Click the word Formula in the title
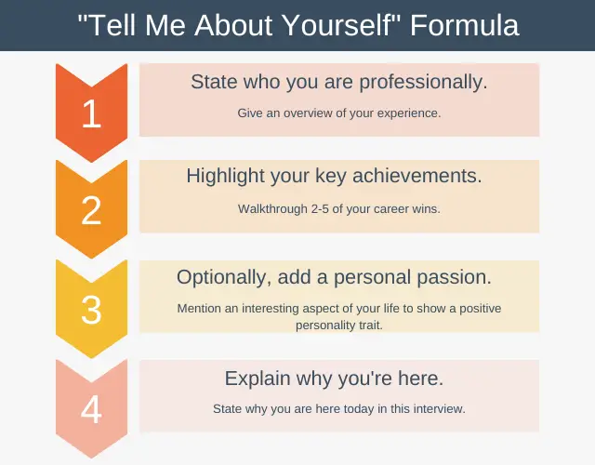pos(464,25)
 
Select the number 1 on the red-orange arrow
pos(91,113)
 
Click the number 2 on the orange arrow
pos(91,210)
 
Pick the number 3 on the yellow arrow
pos(91,310)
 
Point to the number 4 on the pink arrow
pos(91,409)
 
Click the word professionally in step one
pos(423,83)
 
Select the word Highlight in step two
pos(225,176)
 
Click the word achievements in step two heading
pos(417,176)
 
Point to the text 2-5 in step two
pos(320,208)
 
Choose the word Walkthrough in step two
pos(272,208)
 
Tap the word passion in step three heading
pos(455,277)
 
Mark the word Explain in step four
pos(258,379)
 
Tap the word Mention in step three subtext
pos(199,308)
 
